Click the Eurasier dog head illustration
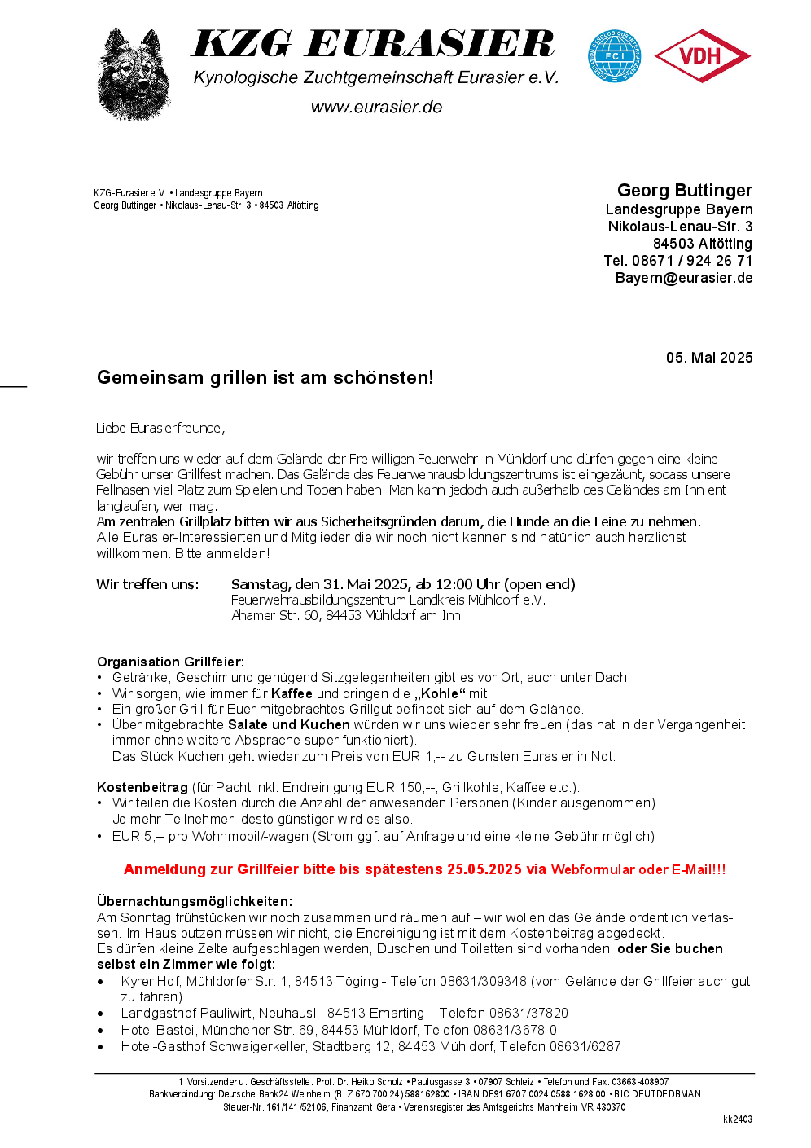click(x=134, y=75)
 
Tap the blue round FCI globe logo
click(x=615, y=56)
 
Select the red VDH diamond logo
click(x=702, y=56)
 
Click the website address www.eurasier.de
click(x=376, y=108)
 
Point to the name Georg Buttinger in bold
click(x=684, y=191)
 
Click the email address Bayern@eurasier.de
click(x=683, y=278)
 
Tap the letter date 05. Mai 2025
click(x=708, y=358)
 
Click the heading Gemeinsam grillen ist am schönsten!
click(x=265, y=378)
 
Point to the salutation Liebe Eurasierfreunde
click(x=160, y=429)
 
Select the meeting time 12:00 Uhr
click(x=467, y=584)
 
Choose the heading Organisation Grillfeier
click(x=170, y=662)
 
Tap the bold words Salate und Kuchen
click(x=288, y=724)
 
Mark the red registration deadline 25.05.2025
click(x=484, y=869)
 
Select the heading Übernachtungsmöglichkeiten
click(x=194, y=901)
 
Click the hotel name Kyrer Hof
click(x=151, y=981)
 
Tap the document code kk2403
click(x=737, y=1119)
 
